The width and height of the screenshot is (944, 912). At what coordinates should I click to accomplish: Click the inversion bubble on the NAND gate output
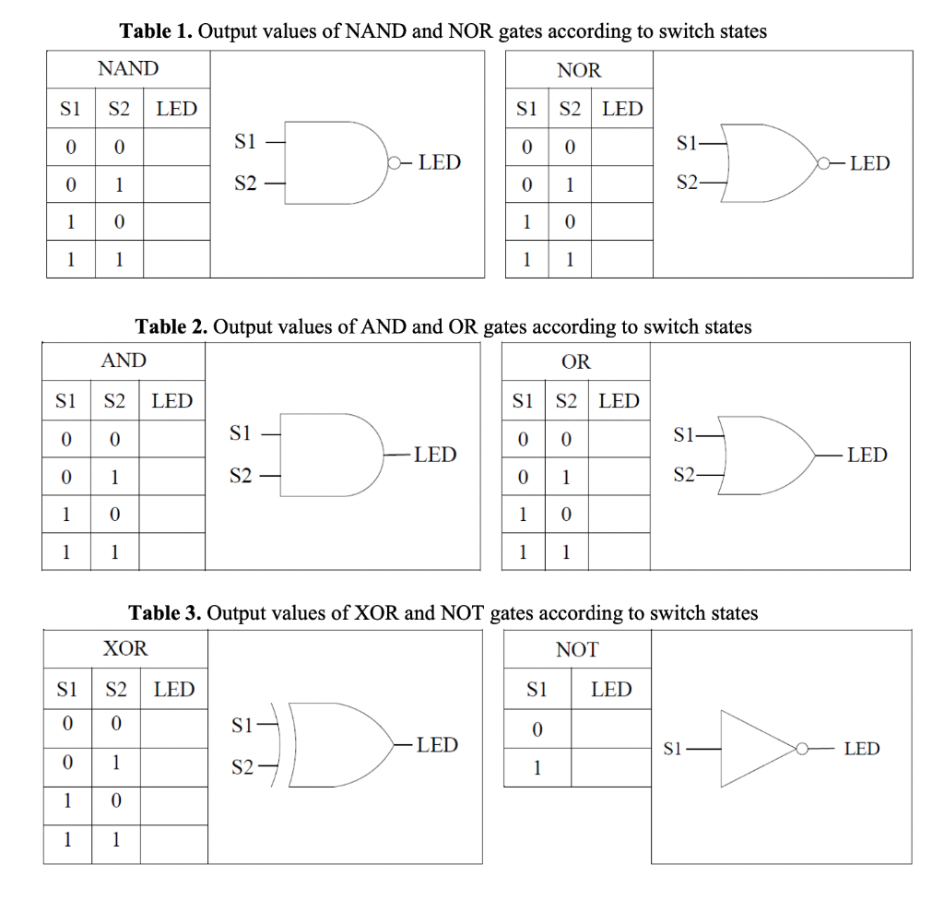click(x=395, y=163)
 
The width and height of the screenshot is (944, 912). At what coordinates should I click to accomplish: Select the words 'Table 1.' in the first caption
click(x=157, y=31)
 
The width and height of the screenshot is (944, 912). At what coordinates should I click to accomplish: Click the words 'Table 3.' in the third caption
click(x=165, y=613)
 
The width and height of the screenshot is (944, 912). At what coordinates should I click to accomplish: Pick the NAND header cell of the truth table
click(x=128, y=68)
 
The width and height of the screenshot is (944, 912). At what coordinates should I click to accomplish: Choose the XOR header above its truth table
click(x=125, y=648)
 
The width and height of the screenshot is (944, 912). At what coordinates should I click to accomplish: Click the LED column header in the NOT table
click(x=611, y=689)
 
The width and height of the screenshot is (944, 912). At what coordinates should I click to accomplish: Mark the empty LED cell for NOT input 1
click(x=611, y=767)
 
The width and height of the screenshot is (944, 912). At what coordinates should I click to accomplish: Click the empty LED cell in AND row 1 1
click(x=172, y=551)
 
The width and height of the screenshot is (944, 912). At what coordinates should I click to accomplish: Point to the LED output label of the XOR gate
click(x=437, y=744)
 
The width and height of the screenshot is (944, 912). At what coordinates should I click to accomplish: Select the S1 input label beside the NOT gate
click(x=674, y=749)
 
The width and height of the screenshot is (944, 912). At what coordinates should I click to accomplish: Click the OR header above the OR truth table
click(x=576, y=361)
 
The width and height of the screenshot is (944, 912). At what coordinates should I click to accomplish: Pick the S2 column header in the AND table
click(x=114, y=401)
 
